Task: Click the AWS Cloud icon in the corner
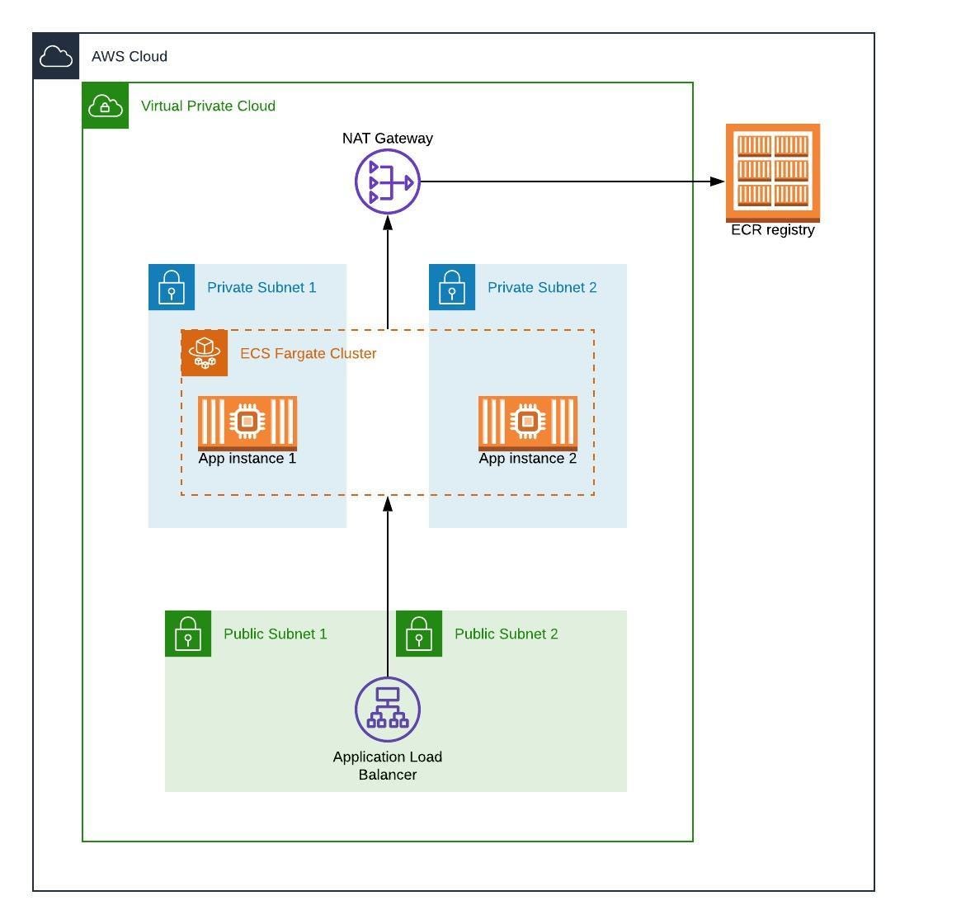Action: click(x=56, y=56)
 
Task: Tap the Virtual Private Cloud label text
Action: click(x=208, y=106)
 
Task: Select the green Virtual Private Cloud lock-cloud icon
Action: click(x=106, y=106)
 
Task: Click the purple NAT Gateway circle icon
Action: click(x=388, y=181)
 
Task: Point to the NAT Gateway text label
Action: click(x=388, y=139)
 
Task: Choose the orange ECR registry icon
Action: click(x=773, y=172)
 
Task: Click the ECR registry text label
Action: click(x=773, y=230)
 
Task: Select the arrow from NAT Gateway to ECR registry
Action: click(x=569, y=181)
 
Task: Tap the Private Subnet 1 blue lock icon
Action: click(x=172, y=287)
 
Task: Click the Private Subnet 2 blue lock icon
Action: click(x=452, y=287)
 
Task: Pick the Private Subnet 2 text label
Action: click(x=542, y=287)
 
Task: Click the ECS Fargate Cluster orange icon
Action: click(x=205, y=353)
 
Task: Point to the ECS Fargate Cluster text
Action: click(x=308, y=353)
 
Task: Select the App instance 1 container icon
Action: click(x=247, y=422)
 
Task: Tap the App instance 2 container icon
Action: click(x=528, y=422)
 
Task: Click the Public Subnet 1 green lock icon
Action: click(x=188, y=634)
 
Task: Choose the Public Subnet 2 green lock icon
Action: click(x=419, y=634)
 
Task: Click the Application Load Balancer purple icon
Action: click(x=388, y=709)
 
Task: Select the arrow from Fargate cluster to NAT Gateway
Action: click(x=388, y=272)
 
